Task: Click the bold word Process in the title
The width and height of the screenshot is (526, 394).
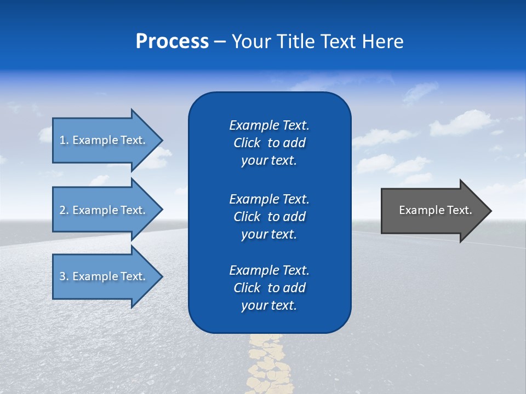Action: pyautogui.click(x=172, y=42)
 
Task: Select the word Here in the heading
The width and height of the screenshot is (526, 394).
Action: pyautogui.click(x=383, y=42)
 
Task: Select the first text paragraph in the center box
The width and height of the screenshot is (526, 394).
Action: pyautogui.click(x=269, y=143)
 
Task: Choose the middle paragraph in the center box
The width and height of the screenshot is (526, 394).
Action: pyautogui.click(x=269, y=217)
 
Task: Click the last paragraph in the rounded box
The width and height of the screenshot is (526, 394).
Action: pyautogui.click(x=269, y=288)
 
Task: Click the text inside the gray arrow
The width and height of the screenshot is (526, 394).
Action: pyautogui.click(x=436, y=210)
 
